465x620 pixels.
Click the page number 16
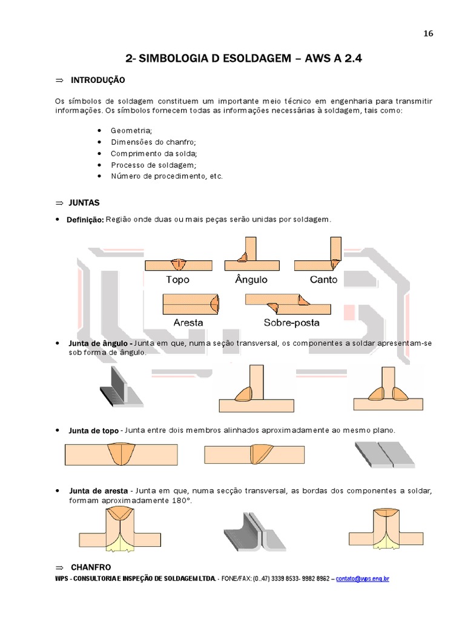click(x=428, y=34)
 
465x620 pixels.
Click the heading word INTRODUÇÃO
click(x=97, y=80)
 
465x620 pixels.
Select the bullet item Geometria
click(x=131, y=130)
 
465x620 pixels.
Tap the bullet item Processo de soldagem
click(x=153, y=165)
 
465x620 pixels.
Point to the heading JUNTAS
click(x=85, y=202)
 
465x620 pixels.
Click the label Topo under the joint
click(x=177, y=280)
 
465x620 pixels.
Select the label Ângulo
click(x=251, y=280)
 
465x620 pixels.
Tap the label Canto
click(x=323, y=280)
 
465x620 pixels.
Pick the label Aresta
click(x=188, y=322)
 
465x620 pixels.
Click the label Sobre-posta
click(x=291, y=322)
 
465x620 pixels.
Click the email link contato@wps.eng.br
click(x=362, y=579)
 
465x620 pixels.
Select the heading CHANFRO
click(x=90, y=567)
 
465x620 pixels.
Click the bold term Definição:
click(x=85, y=219)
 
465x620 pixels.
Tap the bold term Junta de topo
click(x=93, y=430)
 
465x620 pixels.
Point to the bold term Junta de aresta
click(x=98, y=490)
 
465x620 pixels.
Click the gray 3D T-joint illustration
click(x=120, y=388)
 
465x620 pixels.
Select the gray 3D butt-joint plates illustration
click(x=384, y=455)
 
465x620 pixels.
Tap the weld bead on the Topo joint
click(x=179, y=265)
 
